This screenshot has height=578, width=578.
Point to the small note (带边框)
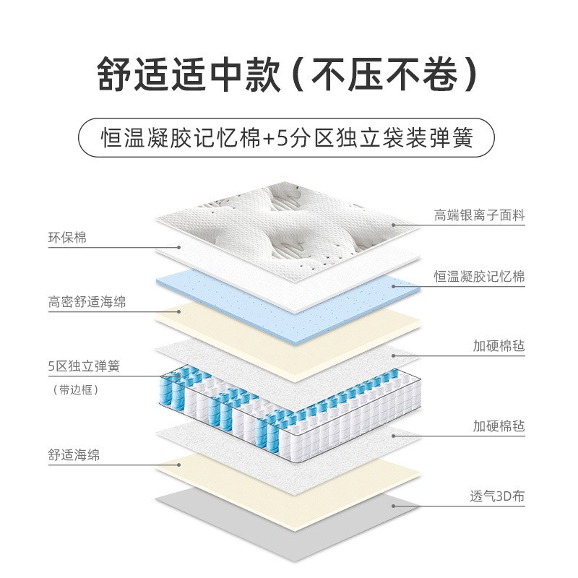click(x=75, y=389)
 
